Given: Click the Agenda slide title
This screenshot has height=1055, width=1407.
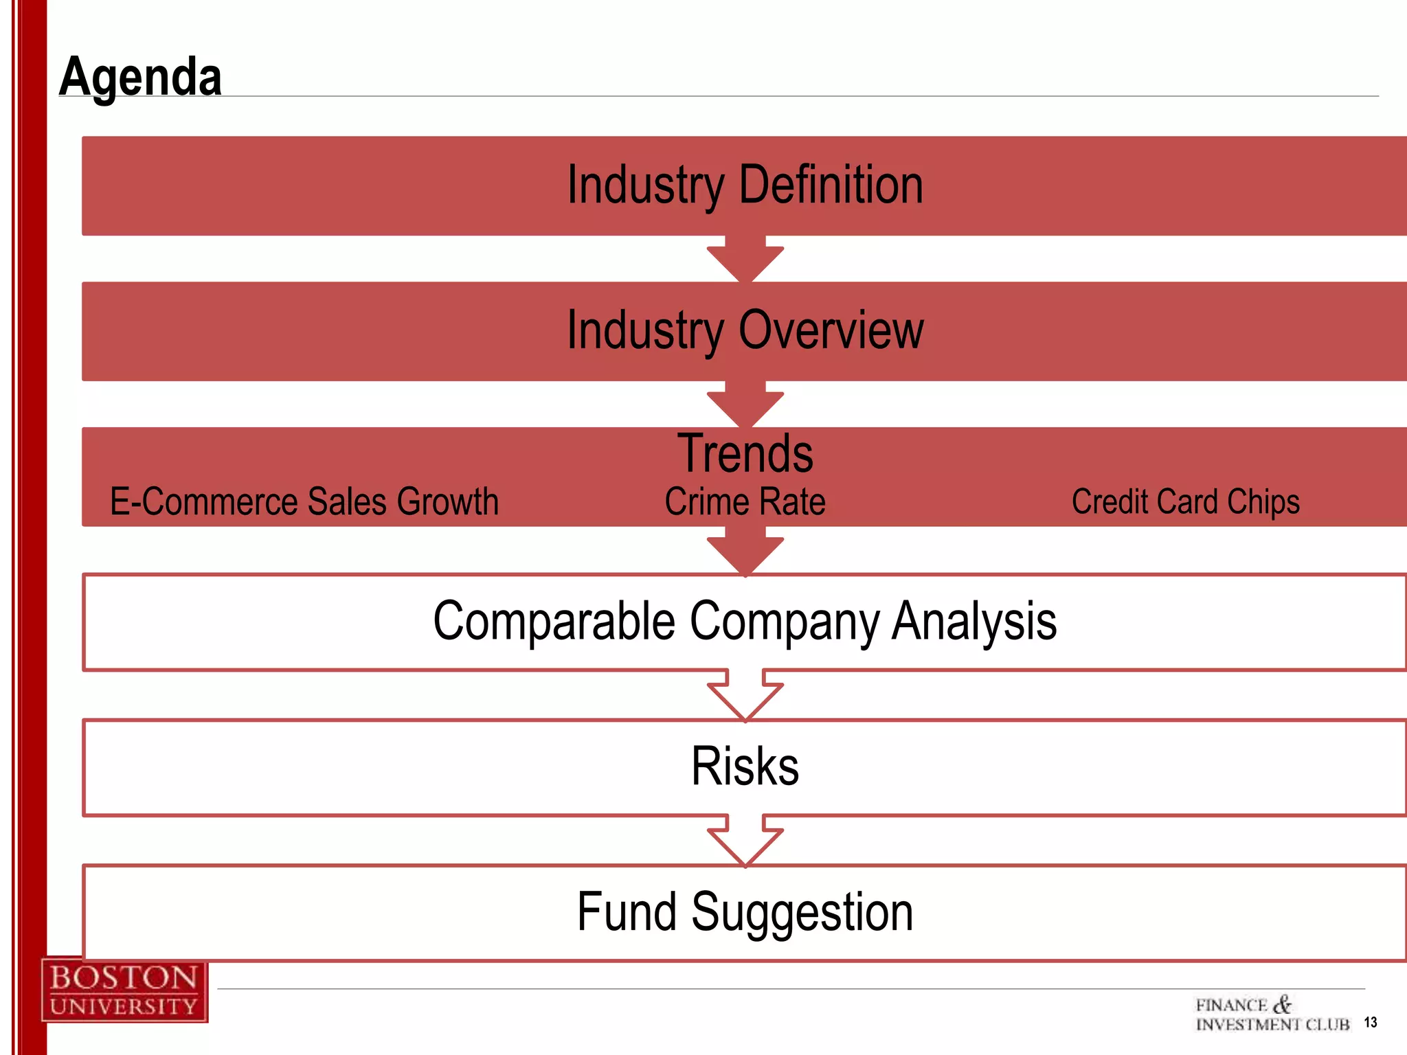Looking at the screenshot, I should pos(140,77).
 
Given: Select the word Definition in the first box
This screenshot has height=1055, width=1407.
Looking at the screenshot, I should pos(830,185).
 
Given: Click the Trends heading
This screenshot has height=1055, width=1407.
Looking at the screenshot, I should pos(745,453).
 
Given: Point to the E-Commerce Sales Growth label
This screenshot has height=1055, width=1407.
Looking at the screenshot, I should pos(304,501).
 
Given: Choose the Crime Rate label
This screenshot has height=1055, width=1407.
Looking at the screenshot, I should pos(745,501).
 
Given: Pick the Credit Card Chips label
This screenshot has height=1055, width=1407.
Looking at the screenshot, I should pos(1185,501).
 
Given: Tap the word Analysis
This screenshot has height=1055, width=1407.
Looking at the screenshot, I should pos(973,622).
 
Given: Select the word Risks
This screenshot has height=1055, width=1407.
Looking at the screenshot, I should pos(745,767).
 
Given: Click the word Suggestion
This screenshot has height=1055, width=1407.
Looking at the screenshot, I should pos(802,912).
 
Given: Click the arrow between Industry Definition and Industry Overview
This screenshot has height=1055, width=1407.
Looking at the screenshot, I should pos(745,260).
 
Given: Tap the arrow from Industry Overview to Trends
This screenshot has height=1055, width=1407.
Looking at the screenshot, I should pos(745,405).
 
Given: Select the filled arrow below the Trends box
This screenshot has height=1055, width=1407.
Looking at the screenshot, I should pos(745,551).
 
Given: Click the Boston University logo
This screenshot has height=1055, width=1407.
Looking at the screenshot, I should pos(124,990).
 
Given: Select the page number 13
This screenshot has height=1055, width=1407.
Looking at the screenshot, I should pos(1370,1023).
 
